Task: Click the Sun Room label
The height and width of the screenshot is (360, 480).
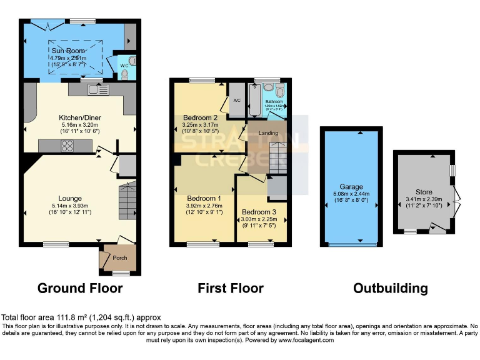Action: coord(67,49)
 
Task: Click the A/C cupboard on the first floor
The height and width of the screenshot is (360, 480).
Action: coord(237,101)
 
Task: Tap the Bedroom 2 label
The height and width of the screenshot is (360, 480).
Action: coord(200,117)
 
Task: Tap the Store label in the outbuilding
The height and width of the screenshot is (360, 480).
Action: coord(424,192)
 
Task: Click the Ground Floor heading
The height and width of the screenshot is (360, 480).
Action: coord(80,288)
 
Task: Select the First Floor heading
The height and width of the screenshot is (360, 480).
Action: coord(231,288)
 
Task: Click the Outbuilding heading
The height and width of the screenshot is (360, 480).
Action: coord(390,288)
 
